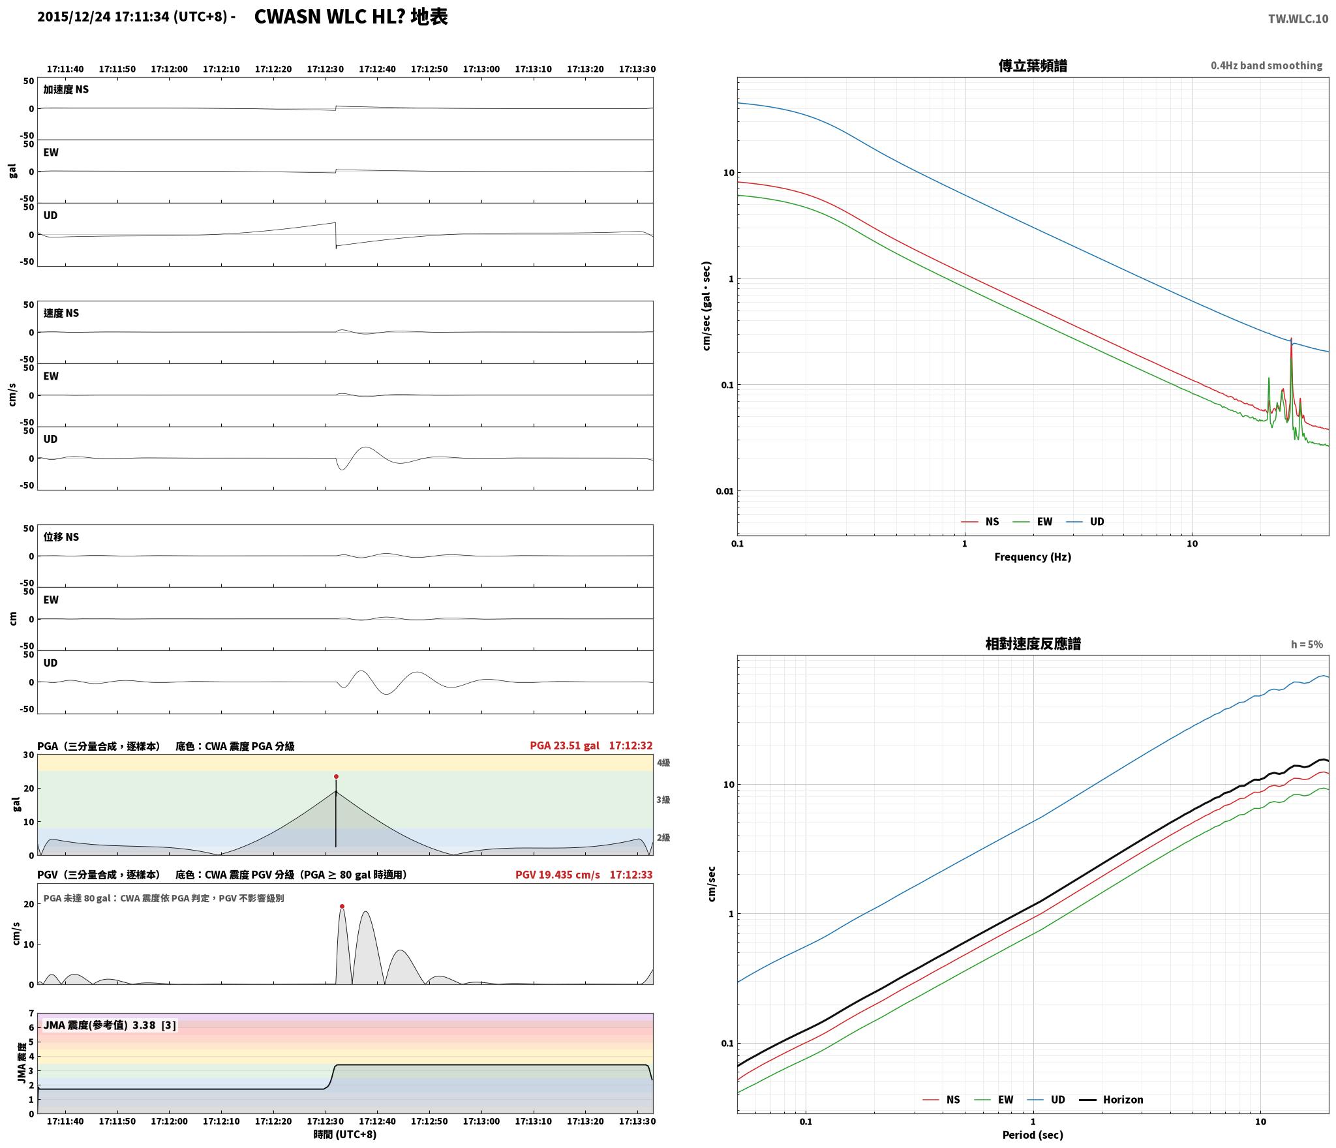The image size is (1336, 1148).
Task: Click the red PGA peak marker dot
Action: click(336, 776)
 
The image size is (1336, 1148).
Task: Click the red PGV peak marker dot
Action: click(342, 906)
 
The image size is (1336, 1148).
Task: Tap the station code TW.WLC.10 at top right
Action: click(1298, 19)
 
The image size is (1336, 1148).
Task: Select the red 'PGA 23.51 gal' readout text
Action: click(564, 745)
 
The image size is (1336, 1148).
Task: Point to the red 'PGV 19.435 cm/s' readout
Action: click(557, 874)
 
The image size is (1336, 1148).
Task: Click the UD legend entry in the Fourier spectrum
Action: click(1085, 521)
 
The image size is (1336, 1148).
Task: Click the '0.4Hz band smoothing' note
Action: click(1266, 65)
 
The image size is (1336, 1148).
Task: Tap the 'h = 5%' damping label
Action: click(1307, 644)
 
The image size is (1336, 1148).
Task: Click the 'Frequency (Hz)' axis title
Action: click(1033, 556)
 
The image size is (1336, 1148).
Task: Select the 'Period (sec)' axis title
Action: click(1033, 1134)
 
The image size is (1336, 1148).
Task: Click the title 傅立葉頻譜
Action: click(1033, 65)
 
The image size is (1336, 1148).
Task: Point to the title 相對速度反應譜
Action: click(1033, 643)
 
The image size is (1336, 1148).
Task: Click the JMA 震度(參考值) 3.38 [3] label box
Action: click(110, 1025)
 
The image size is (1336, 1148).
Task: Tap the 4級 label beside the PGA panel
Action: click(663, 763)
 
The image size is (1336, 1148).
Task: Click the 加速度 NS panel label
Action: click(66, 89)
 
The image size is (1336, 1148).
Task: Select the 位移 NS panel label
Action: click(61, 537)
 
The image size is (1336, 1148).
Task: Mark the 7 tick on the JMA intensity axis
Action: click(31, 1013)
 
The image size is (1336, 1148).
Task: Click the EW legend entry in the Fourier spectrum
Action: click(1032, 521)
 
